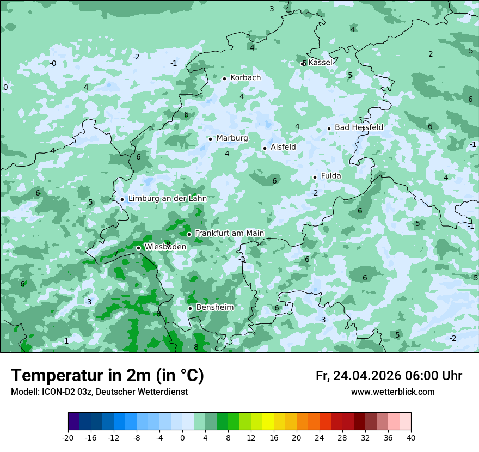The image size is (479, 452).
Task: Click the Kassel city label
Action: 320,63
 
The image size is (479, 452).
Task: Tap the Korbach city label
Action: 245,78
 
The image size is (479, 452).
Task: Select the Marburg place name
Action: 232,138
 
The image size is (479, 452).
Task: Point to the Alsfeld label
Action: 283,147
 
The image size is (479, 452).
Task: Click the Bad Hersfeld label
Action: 359,127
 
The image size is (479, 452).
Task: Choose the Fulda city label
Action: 331,176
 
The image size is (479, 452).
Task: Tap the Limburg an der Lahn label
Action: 167,199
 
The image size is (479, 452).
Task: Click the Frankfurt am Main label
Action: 229,234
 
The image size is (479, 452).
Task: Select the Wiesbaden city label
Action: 165,247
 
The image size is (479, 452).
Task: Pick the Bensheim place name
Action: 214,308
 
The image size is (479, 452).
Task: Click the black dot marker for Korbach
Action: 224,78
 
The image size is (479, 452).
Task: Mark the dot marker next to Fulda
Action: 315,177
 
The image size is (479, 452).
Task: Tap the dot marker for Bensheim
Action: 190,308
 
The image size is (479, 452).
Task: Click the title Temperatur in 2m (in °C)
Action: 107,376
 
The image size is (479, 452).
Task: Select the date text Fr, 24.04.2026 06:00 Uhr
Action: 389,376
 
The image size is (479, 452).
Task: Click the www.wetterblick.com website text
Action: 392,392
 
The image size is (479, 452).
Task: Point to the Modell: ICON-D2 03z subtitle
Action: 99,392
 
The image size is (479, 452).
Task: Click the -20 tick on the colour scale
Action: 68,437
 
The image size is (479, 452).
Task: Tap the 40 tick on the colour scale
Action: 411,437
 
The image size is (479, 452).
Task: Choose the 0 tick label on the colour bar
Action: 182,437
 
